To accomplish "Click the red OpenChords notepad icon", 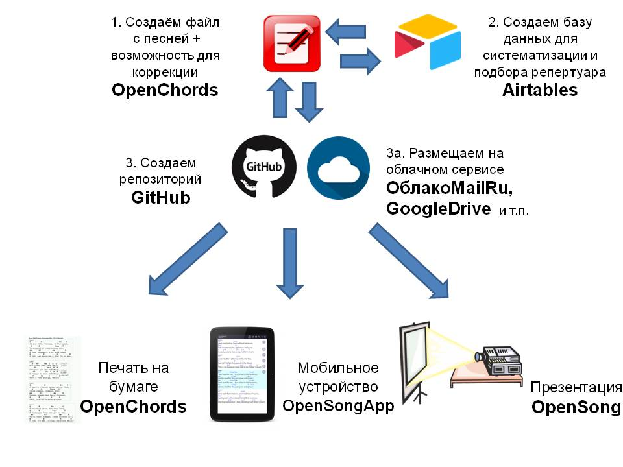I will point(291,43).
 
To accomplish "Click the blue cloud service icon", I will point(338,167).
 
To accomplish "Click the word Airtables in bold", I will point(539,90).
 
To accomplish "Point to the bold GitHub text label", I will point(160,197).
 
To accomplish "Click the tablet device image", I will point(239,374).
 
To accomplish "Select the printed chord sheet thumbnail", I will point(53,379).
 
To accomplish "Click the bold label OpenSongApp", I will point(337,405).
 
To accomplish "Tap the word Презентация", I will point(576,388).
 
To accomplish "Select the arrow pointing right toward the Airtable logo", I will point(362,60).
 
